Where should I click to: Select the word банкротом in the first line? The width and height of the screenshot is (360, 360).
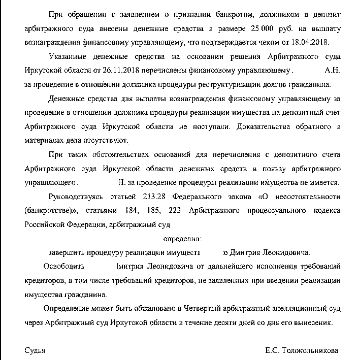pos(192,18)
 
